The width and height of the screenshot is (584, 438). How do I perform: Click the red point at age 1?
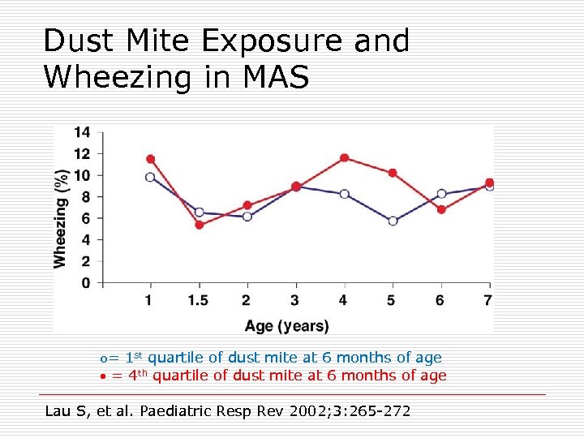(x=150, y=159)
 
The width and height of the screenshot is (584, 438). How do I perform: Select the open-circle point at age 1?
(x=150, y=177)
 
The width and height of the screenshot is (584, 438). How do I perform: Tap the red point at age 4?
(x=345, y=158)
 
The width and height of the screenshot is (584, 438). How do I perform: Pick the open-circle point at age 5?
(x=393, y=221)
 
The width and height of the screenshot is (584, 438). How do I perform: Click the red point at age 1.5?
(x=199, y=225)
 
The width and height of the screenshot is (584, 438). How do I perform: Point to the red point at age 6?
(x=441, y=209)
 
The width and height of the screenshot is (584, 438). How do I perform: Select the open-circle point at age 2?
(x=247, y=217)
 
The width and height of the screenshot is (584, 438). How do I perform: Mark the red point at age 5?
(x=393, y=173)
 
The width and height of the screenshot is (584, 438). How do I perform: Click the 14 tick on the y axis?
(x=82, y=132)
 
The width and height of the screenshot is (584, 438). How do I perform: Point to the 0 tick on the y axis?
(x=86, y=283)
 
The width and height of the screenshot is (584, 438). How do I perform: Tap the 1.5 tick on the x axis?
(x=198, y=301)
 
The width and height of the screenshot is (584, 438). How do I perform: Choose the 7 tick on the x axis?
(x=487, y=301)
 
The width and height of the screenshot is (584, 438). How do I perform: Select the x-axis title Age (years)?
(x=287, y=326)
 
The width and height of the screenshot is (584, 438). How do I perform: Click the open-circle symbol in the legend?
(x=103, y=359)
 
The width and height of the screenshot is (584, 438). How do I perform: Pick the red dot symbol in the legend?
(x=103, y=376)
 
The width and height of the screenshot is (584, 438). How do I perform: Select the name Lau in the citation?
(x=58, y=411)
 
